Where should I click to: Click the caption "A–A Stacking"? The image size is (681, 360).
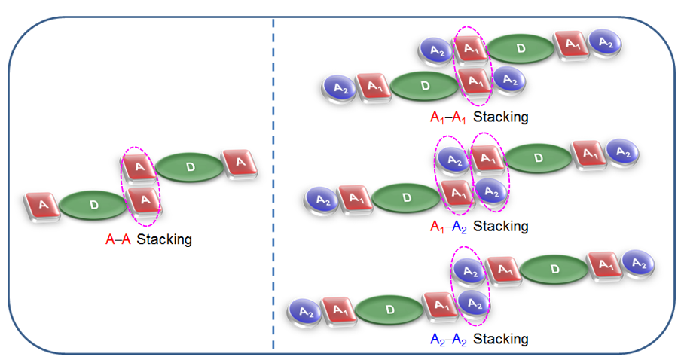[148, 240]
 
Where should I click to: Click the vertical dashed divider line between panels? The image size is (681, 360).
[273, 181]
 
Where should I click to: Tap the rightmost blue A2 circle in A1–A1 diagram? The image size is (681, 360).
[605, 43]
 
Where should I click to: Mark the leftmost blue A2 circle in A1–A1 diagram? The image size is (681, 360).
[339, 87]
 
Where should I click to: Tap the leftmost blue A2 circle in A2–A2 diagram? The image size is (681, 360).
[306, 310]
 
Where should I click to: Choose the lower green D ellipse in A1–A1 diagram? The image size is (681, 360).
[424, 86]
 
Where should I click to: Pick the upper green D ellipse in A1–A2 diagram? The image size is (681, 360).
[537, 157]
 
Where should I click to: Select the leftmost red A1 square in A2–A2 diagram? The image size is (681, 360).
[337, 310]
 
